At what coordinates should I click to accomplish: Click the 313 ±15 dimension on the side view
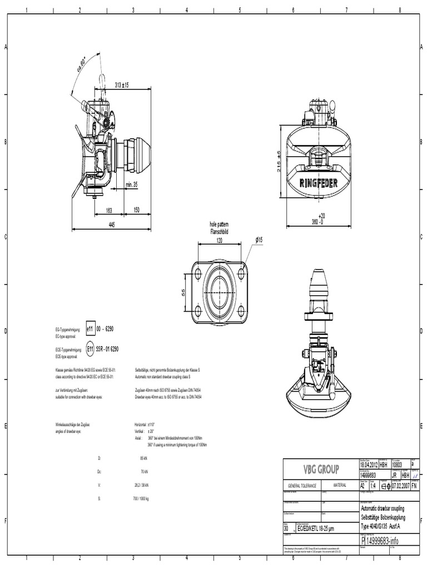click(121, 85)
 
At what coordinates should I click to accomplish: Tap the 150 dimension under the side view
click(136, 211)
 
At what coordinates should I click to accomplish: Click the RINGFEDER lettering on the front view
click(320, 183)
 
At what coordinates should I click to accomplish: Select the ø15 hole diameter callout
click(259, 239)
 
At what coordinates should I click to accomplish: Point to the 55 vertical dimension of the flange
click(184, 292)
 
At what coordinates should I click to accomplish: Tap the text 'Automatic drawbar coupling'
click(383, 508)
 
